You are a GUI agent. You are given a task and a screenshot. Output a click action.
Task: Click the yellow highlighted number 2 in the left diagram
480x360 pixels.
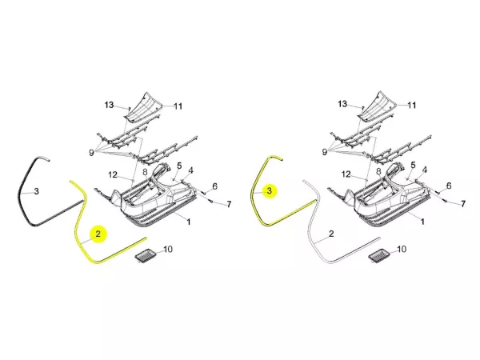98,234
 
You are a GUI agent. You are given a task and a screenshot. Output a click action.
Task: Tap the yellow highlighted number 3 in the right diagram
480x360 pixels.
270,191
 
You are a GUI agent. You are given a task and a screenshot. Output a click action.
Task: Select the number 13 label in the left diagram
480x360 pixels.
109,105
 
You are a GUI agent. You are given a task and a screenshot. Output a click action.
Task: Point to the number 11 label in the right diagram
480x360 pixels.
412,106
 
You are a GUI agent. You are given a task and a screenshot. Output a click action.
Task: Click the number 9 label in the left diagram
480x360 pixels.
91,153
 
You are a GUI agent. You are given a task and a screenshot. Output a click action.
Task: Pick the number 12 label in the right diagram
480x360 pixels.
346,174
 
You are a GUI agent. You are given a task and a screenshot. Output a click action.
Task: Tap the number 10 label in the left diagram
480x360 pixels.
168,249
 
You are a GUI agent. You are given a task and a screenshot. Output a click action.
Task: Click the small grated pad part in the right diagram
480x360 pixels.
379,256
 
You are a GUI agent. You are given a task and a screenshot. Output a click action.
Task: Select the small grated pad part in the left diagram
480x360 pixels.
146,255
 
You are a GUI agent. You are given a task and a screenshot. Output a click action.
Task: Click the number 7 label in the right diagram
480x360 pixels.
463,203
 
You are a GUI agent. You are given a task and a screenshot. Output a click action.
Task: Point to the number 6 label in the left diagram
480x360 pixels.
214,186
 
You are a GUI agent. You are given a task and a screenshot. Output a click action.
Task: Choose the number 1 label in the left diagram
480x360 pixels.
189,222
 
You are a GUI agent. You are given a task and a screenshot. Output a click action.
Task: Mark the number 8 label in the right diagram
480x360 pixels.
378,171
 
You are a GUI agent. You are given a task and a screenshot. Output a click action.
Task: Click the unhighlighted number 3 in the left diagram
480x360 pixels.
37,192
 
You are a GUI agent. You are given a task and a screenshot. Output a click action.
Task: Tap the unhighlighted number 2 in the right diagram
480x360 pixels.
331,234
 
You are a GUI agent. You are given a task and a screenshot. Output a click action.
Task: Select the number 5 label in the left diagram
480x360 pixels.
179,166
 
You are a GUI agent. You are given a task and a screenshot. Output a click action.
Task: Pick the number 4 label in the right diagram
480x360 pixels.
425,170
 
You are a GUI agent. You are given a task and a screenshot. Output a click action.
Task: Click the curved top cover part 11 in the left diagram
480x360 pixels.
144,107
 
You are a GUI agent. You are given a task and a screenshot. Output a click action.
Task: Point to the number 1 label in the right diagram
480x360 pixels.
422,222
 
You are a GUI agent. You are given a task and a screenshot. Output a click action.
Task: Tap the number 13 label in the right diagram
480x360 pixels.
342,104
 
